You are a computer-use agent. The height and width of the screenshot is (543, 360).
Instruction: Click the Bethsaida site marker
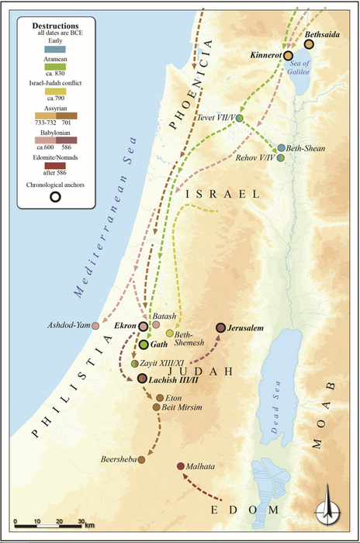[x=309, y=44]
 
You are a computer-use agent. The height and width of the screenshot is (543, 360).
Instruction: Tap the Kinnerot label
[x=267, y=56]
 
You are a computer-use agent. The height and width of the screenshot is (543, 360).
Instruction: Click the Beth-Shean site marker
[x=281, y=147]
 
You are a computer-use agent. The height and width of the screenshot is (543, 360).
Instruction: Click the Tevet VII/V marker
[x=240, y=118]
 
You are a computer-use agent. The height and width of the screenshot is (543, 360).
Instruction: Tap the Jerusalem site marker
[x=220, y=328]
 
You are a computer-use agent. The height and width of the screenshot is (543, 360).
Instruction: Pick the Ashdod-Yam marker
[x=95, y=327]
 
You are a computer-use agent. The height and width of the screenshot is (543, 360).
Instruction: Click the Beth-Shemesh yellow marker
[x=169, y=333]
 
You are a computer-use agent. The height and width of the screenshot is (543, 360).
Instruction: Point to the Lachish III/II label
[x=174, y=379]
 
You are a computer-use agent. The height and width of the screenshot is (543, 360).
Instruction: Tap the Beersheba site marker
[x=142, y=460]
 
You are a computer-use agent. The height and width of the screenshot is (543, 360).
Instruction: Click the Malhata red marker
[x=181, y=466]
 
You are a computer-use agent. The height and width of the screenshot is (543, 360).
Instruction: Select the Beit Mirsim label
[x=184, y=406]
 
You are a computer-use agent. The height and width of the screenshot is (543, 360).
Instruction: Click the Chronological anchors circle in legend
[x=55, y=197]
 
